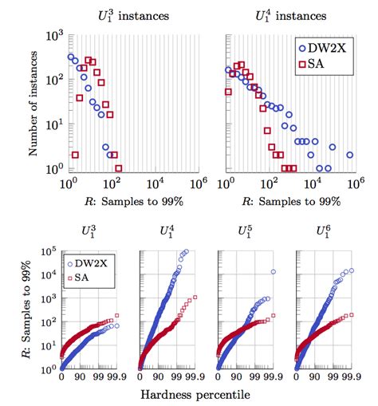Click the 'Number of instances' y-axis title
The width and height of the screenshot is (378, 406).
coord(32,102)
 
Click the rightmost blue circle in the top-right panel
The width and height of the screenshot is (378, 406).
coord(350,149)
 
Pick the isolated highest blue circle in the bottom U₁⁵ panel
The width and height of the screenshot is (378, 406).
coord(273,271)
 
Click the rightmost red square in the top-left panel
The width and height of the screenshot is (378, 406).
coord(118,168)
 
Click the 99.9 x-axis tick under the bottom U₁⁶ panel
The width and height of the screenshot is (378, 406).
coord(351,377)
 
